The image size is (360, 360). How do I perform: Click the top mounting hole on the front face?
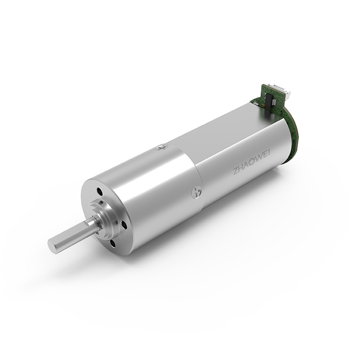(100, 191)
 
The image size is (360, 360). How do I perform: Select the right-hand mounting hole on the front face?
(124, 224)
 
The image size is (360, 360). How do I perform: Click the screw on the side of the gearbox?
(196, 192)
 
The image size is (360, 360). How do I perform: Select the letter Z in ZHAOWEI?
(236, 171)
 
